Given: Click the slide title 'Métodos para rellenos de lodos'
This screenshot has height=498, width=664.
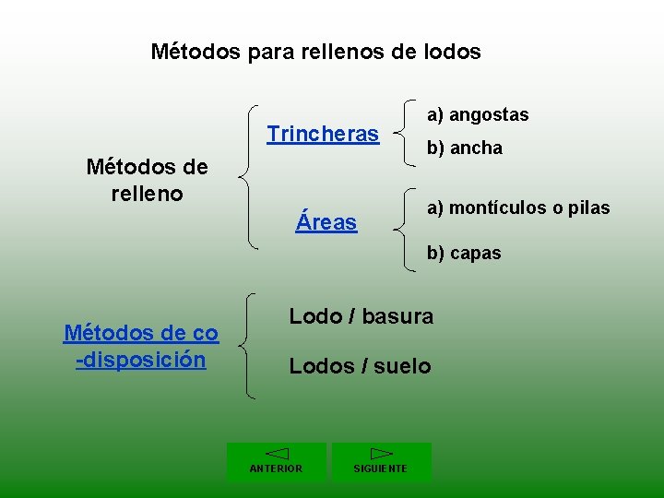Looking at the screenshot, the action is (315, 52).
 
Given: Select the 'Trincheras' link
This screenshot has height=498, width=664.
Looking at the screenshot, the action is (323, 135).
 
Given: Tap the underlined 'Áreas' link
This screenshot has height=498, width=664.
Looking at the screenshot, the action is (326, 221).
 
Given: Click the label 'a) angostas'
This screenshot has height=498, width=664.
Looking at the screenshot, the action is (477, 115).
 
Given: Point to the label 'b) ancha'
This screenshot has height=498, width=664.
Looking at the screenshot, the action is (464, 148).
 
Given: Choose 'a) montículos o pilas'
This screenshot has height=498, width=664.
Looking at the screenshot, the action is (517, 208).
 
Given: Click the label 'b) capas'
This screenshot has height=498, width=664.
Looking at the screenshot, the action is (463, 253).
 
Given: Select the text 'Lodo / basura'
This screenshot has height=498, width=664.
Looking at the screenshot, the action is (361, 317).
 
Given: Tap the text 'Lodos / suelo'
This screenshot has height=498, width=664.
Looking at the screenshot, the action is (360, 367).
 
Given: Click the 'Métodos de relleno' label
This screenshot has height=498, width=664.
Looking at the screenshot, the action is (147, 180).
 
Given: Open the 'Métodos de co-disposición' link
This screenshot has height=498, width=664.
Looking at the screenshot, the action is (140, 346).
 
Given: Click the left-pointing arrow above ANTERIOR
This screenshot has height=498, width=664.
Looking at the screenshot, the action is (277, 454).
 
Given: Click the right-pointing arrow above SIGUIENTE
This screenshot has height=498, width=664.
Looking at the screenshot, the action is (381, 454).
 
